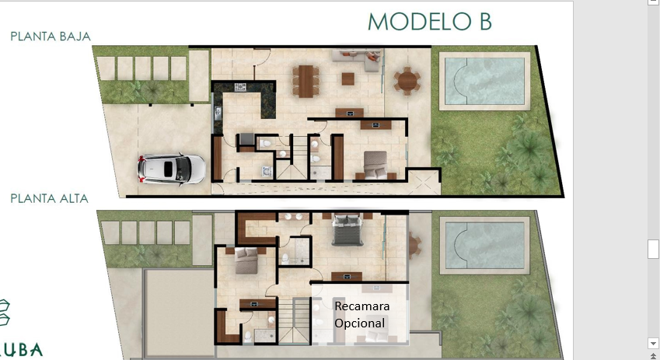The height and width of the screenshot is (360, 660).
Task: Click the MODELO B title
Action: coord(430,22)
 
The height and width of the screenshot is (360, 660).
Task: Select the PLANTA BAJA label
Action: coord(51,37)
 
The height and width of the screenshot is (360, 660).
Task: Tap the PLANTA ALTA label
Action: coord(49,199)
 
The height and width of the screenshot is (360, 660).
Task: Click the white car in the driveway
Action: coord(171,170)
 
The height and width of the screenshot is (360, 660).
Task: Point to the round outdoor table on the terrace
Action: coord(407,81)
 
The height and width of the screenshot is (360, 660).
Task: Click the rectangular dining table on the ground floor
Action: coord(306,82)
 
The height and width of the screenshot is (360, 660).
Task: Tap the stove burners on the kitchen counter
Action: coord(240,87)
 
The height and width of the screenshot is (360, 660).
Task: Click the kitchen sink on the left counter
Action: coord(218,114)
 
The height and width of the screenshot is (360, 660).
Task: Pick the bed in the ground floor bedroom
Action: coord(375,165)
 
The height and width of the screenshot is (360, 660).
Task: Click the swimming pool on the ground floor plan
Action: coord(484,82)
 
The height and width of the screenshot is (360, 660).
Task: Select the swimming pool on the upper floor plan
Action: coord(484,246)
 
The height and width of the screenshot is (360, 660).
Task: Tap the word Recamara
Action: coord(362,306)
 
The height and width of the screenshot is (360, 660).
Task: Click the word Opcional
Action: coord(359,323)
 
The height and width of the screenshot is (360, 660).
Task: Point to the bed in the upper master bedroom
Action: coord(347,230)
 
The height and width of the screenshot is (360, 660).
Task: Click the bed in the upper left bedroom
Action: coord(246,260)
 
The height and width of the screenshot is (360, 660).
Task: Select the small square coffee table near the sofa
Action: coord(347,79)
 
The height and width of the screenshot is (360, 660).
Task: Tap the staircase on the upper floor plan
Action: coord(294,321)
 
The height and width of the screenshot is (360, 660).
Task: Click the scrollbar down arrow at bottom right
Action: coord(653,342)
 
